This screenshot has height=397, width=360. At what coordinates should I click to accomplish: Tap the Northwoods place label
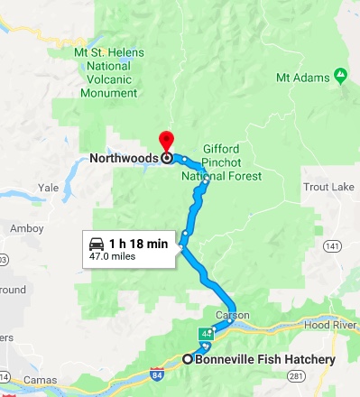[125, 157]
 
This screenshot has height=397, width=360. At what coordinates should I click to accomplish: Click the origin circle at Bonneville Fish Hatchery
[189, 359]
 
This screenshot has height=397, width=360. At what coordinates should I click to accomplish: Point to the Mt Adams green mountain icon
[339, 74]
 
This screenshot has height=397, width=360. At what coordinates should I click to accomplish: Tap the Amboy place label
[26, 228]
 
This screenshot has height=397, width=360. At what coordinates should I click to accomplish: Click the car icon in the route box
[96, 244]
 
